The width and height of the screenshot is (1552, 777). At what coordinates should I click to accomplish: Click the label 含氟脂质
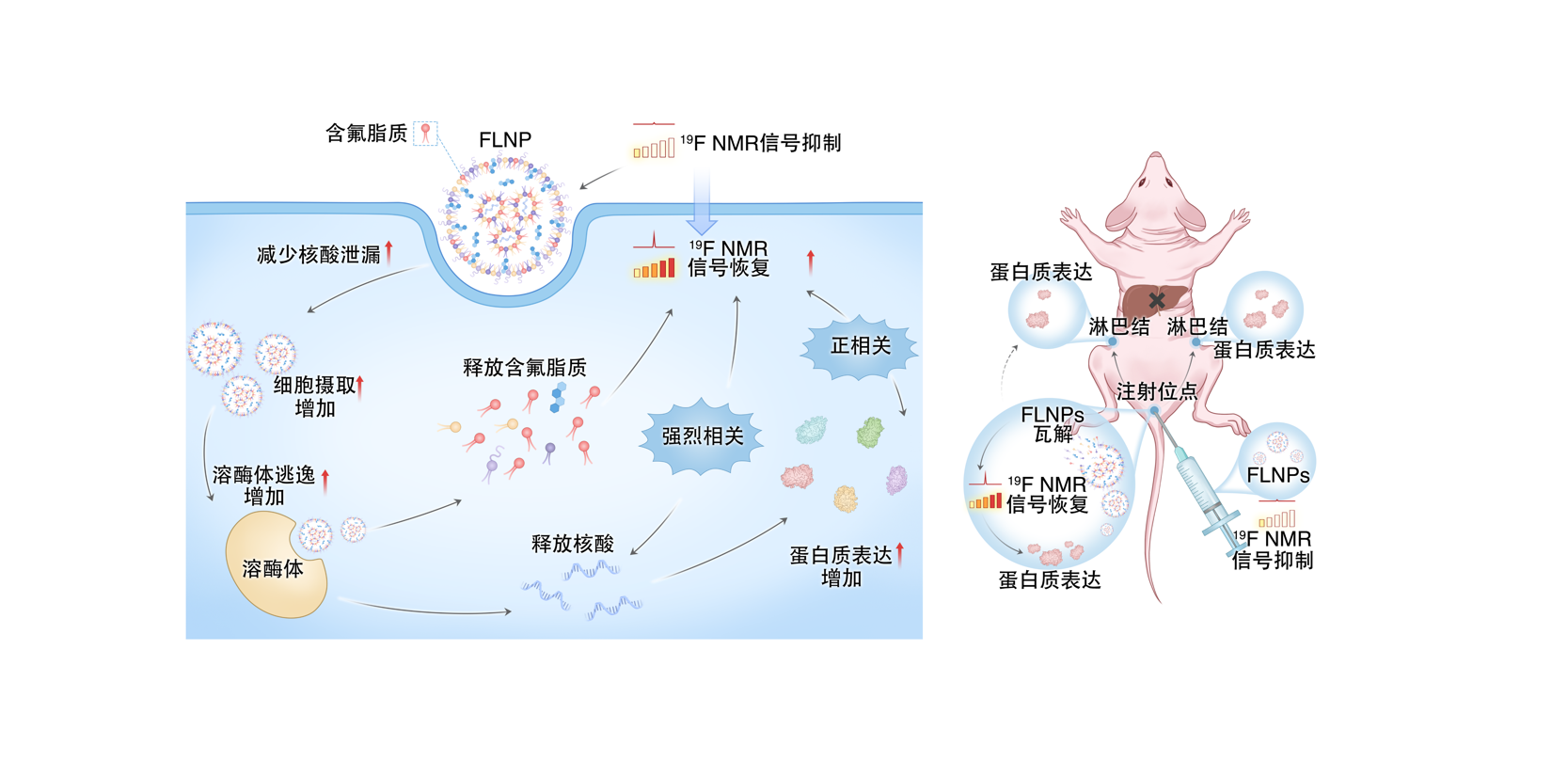[366, 135]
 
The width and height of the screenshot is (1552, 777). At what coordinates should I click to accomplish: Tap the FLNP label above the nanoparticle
[505, 140]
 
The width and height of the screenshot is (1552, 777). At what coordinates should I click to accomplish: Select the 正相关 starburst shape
[860, 346]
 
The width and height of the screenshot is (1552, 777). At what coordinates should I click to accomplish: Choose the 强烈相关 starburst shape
[702, 436]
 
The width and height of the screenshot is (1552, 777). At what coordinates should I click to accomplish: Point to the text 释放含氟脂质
[524, 368]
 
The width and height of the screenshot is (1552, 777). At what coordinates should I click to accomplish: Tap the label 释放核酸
[572, 544]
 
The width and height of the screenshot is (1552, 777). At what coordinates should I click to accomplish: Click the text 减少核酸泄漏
[319, 255]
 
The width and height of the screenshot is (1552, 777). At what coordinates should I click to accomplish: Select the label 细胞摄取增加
[315, 396]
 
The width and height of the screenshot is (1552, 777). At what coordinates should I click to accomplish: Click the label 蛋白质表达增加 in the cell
[841, 566]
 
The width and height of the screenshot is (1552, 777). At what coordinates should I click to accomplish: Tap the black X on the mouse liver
[1157, 301]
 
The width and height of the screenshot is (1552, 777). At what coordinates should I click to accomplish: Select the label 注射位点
[1156, 392]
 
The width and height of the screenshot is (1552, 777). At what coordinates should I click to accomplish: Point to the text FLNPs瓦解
[1053, 424]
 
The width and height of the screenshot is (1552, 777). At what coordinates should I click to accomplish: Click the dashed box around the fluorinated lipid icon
[425, 134]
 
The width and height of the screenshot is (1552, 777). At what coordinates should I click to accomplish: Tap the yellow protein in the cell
[846, 498]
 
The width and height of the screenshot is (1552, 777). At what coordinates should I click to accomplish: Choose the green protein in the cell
[870, 433]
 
